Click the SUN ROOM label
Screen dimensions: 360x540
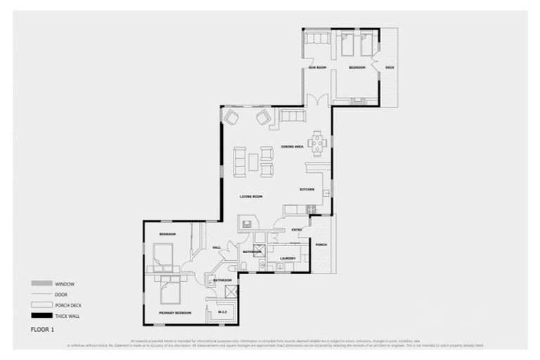click(x=318, y=67)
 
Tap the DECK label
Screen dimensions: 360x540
click(x=390, y=67)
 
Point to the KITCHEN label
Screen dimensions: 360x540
click(x=307, y=190)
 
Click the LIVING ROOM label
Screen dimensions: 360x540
click(x=250, y=196)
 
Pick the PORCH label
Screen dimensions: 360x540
click(x=321, y=245)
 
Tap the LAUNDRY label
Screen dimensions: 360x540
click(x=287, y=258)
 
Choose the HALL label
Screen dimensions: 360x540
click(x=217, y=247)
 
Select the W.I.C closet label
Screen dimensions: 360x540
click(x=222, y=311)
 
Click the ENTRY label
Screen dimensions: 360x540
click(x=297, y=229)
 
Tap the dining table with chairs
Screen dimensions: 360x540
click(x=318, y=142)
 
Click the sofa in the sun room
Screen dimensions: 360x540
click(x=317, y=39)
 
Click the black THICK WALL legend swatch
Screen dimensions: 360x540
click(x=38, y=316)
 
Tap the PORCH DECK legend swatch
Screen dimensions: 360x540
click(x=38, y=305)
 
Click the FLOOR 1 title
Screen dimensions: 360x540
click(x=44, y=329)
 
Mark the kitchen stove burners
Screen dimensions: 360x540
click(x=310, y=209)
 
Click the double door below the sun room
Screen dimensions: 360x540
click(x=321, y=99)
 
